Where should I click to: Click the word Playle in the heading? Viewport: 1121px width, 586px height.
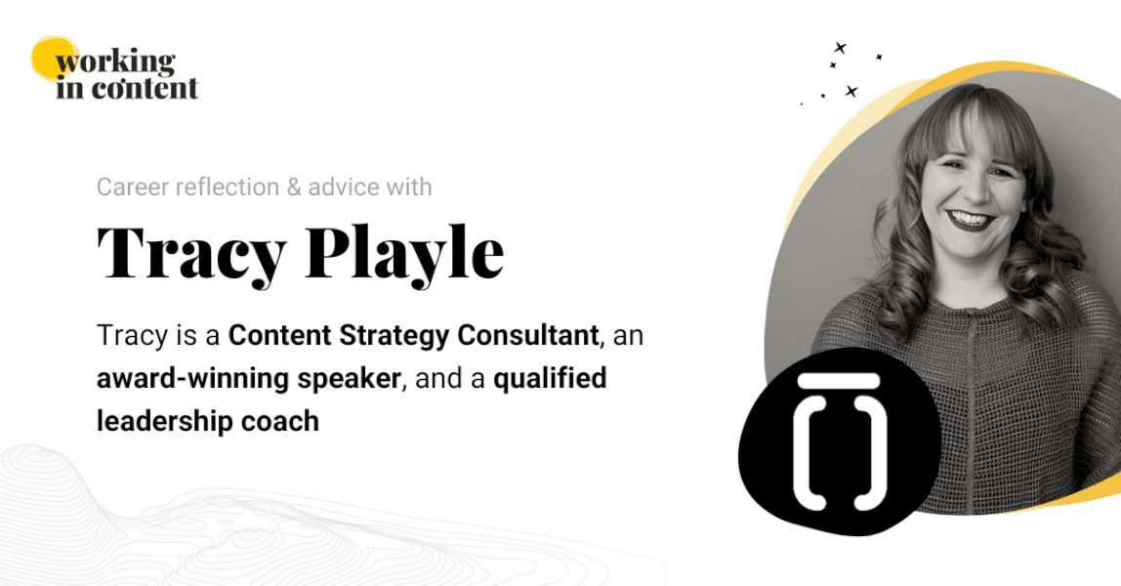pos(405,254)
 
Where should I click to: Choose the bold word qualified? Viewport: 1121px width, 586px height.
pos(550,379)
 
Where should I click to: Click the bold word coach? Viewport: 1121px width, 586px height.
pos(286,421)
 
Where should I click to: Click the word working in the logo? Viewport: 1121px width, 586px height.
pos(115,63)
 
